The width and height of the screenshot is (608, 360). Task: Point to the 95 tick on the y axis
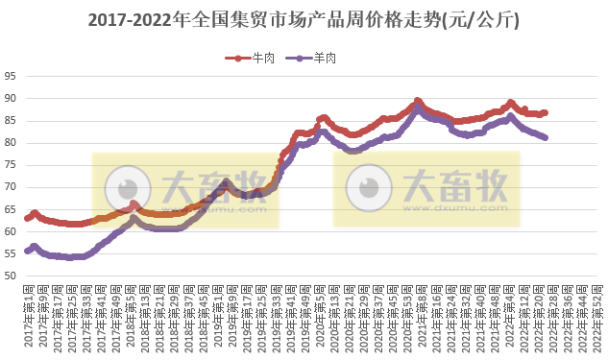tap(11, 77)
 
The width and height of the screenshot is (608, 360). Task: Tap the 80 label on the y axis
tap(11, 143)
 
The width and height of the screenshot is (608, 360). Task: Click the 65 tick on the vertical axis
tap(11, 209)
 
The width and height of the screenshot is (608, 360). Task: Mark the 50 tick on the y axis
tap(11, 276)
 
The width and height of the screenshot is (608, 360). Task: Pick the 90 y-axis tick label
tap(11, 99)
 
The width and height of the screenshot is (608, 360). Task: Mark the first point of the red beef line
tap(27, 219)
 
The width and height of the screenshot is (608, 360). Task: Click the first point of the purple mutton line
tap(27, 252)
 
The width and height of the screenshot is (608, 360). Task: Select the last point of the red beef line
tap(545, 113)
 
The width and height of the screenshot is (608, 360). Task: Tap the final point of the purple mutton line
tap(545, 137)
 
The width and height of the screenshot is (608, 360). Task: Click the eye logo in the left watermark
tap(127, 187)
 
